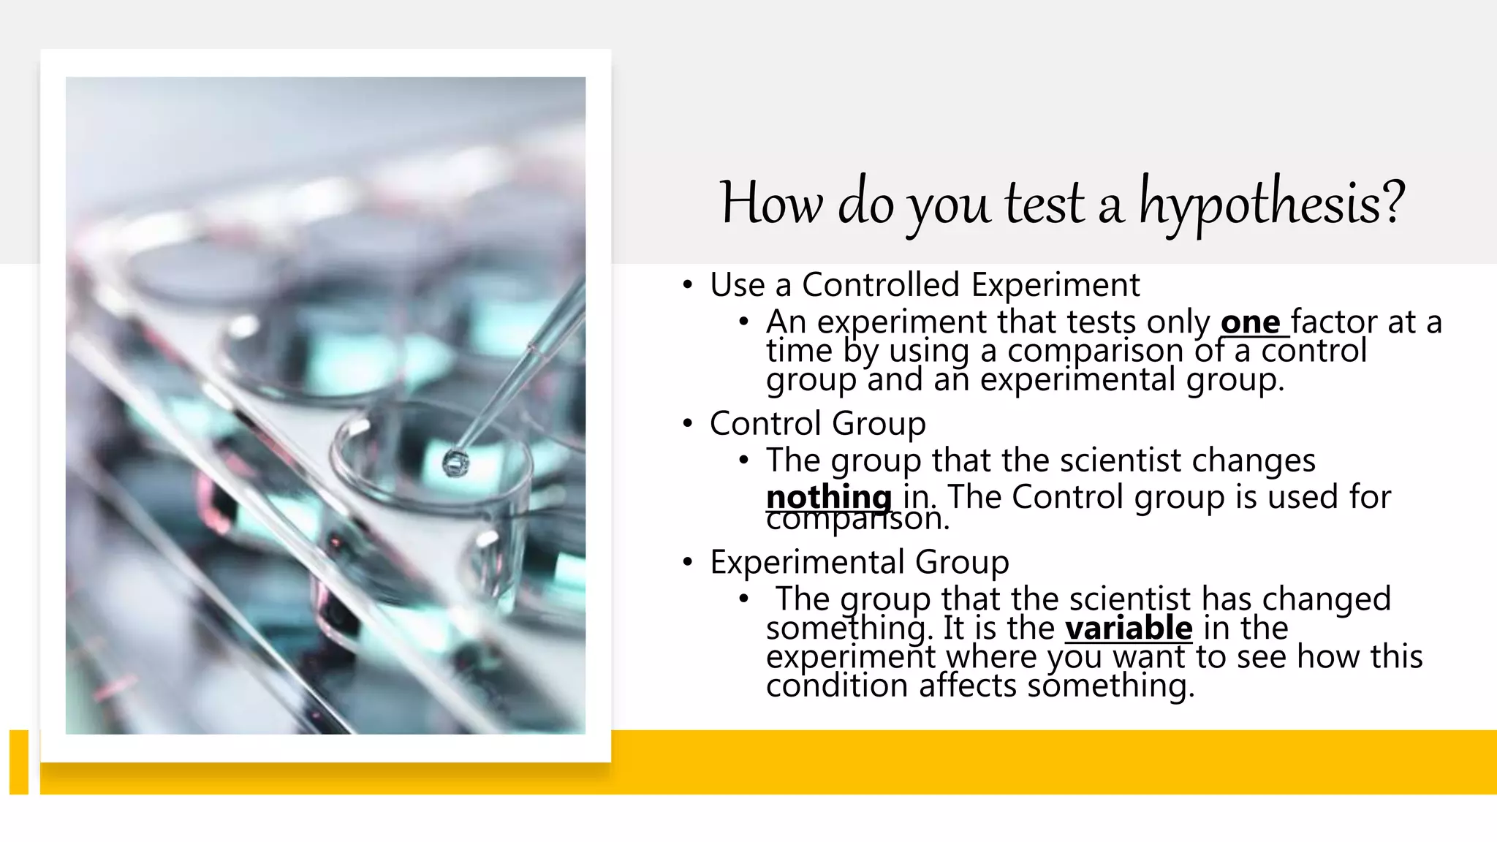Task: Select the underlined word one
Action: tap(1251, 322)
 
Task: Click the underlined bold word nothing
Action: tap(828, 498)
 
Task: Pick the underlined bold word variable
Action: tap(1128, 628)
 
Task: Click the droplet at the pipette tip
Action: tap(455, 463)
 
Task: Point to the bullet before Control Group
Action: tap(687, 424)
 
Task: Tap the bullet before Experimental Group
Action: tap(687, 563)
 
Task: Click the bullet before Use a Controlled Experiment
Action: tap(687, 285)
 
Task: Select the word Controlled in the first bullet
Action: tap(880, 284)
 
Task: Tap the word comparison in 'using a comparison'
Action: tap(1094, 352)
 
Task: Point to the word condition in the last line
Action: tap(837, 686)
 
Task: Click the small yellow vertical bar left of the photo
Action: tap(19, 761)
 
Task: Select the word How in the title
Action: tap(770, 203)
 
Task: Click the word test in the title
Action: tap(1044, 203)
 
